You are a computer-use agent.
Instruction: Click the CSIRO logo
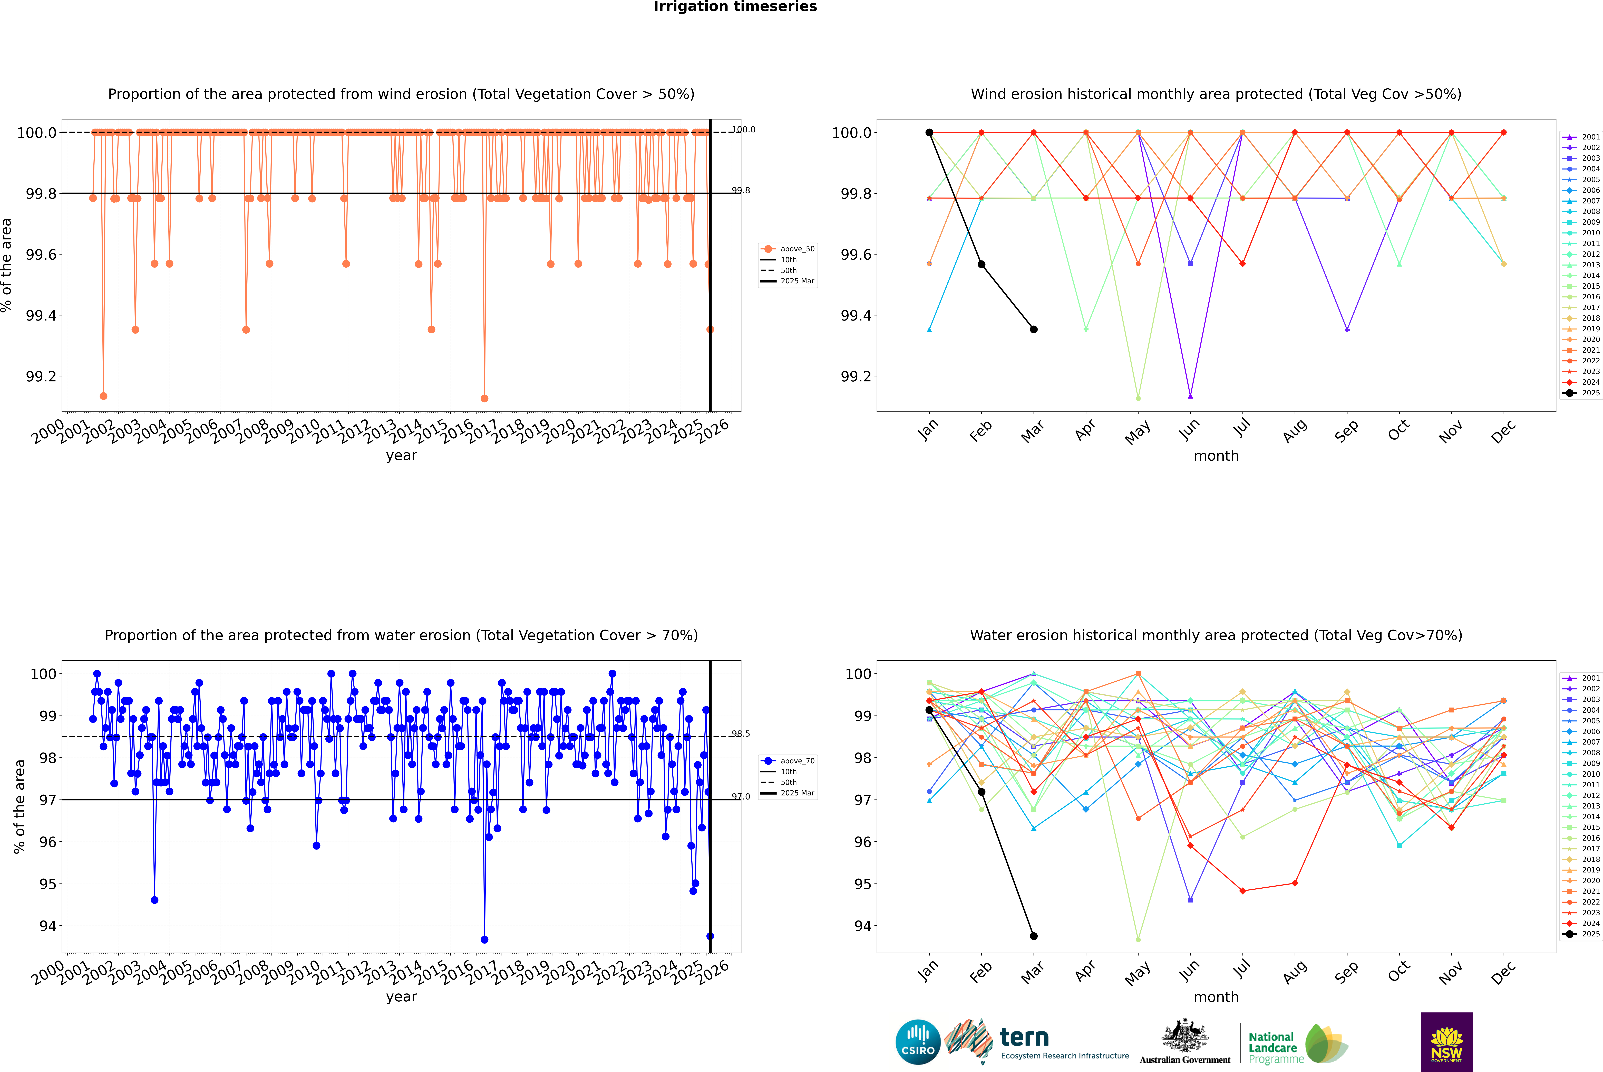click(x=918, y=1042)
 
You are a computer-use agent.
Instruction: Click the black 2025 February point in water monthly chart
click(x=981, y=792)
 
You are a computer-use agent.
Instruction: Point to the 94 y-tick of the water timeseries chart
click(x=47, y=926)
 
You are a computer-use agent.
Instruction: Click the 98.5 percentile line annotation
click(x=741, y=734)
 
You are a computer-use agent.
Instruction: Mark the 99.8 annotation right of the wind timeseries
click(x=741, y=191)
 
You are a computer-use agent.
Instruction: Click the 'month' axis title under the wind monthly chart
click(x=1216, y=456)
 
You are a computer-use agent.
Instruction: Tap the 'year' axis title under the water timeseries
click(x=401, y=997)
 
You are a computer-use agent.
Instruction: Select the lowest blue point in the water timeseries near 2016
click(x=484, y=939)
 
